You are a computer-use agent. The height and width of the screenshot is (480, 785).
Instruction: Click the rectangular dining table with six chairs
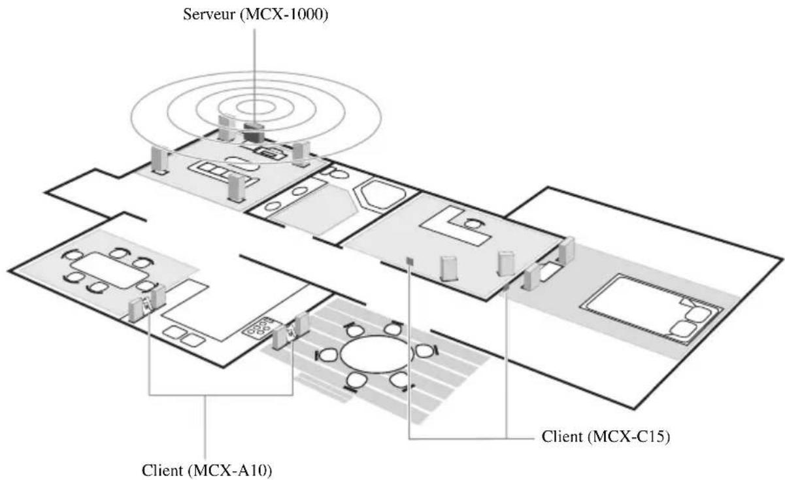pyautogui.click(x=108, y=268)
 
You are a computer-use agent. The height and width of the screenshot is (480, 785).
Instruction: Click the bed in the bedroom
pyautogui.click(x=654, y=307)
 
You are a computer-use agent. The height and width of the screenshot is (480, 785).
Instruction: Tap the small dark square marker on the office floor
pyautogui.click(x=409, y=261)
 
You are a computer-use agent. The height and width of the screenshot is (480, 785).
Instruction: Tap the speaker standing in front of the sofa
pyautogui.click(x=237, y=188)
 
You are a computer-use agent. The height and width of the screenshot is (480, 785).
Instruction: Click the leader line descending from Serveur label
pyautogui.click(x=253, y=65)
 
